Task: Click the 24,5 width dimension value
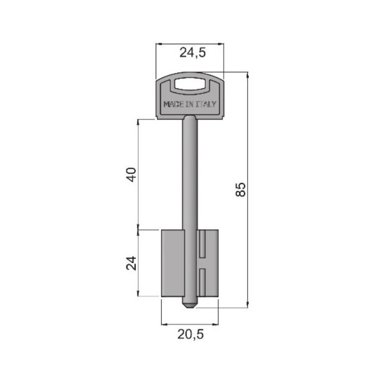point(193,53)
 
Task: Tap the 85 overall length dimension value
point(241,190)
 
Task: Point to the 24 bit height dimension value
point(131,263)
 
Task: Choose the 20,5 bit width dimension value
point(191,334)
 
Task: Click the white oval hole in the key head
point(190,84)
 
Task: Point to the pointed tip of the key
point(190,307)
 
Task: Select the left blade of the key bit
point(173,263)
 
